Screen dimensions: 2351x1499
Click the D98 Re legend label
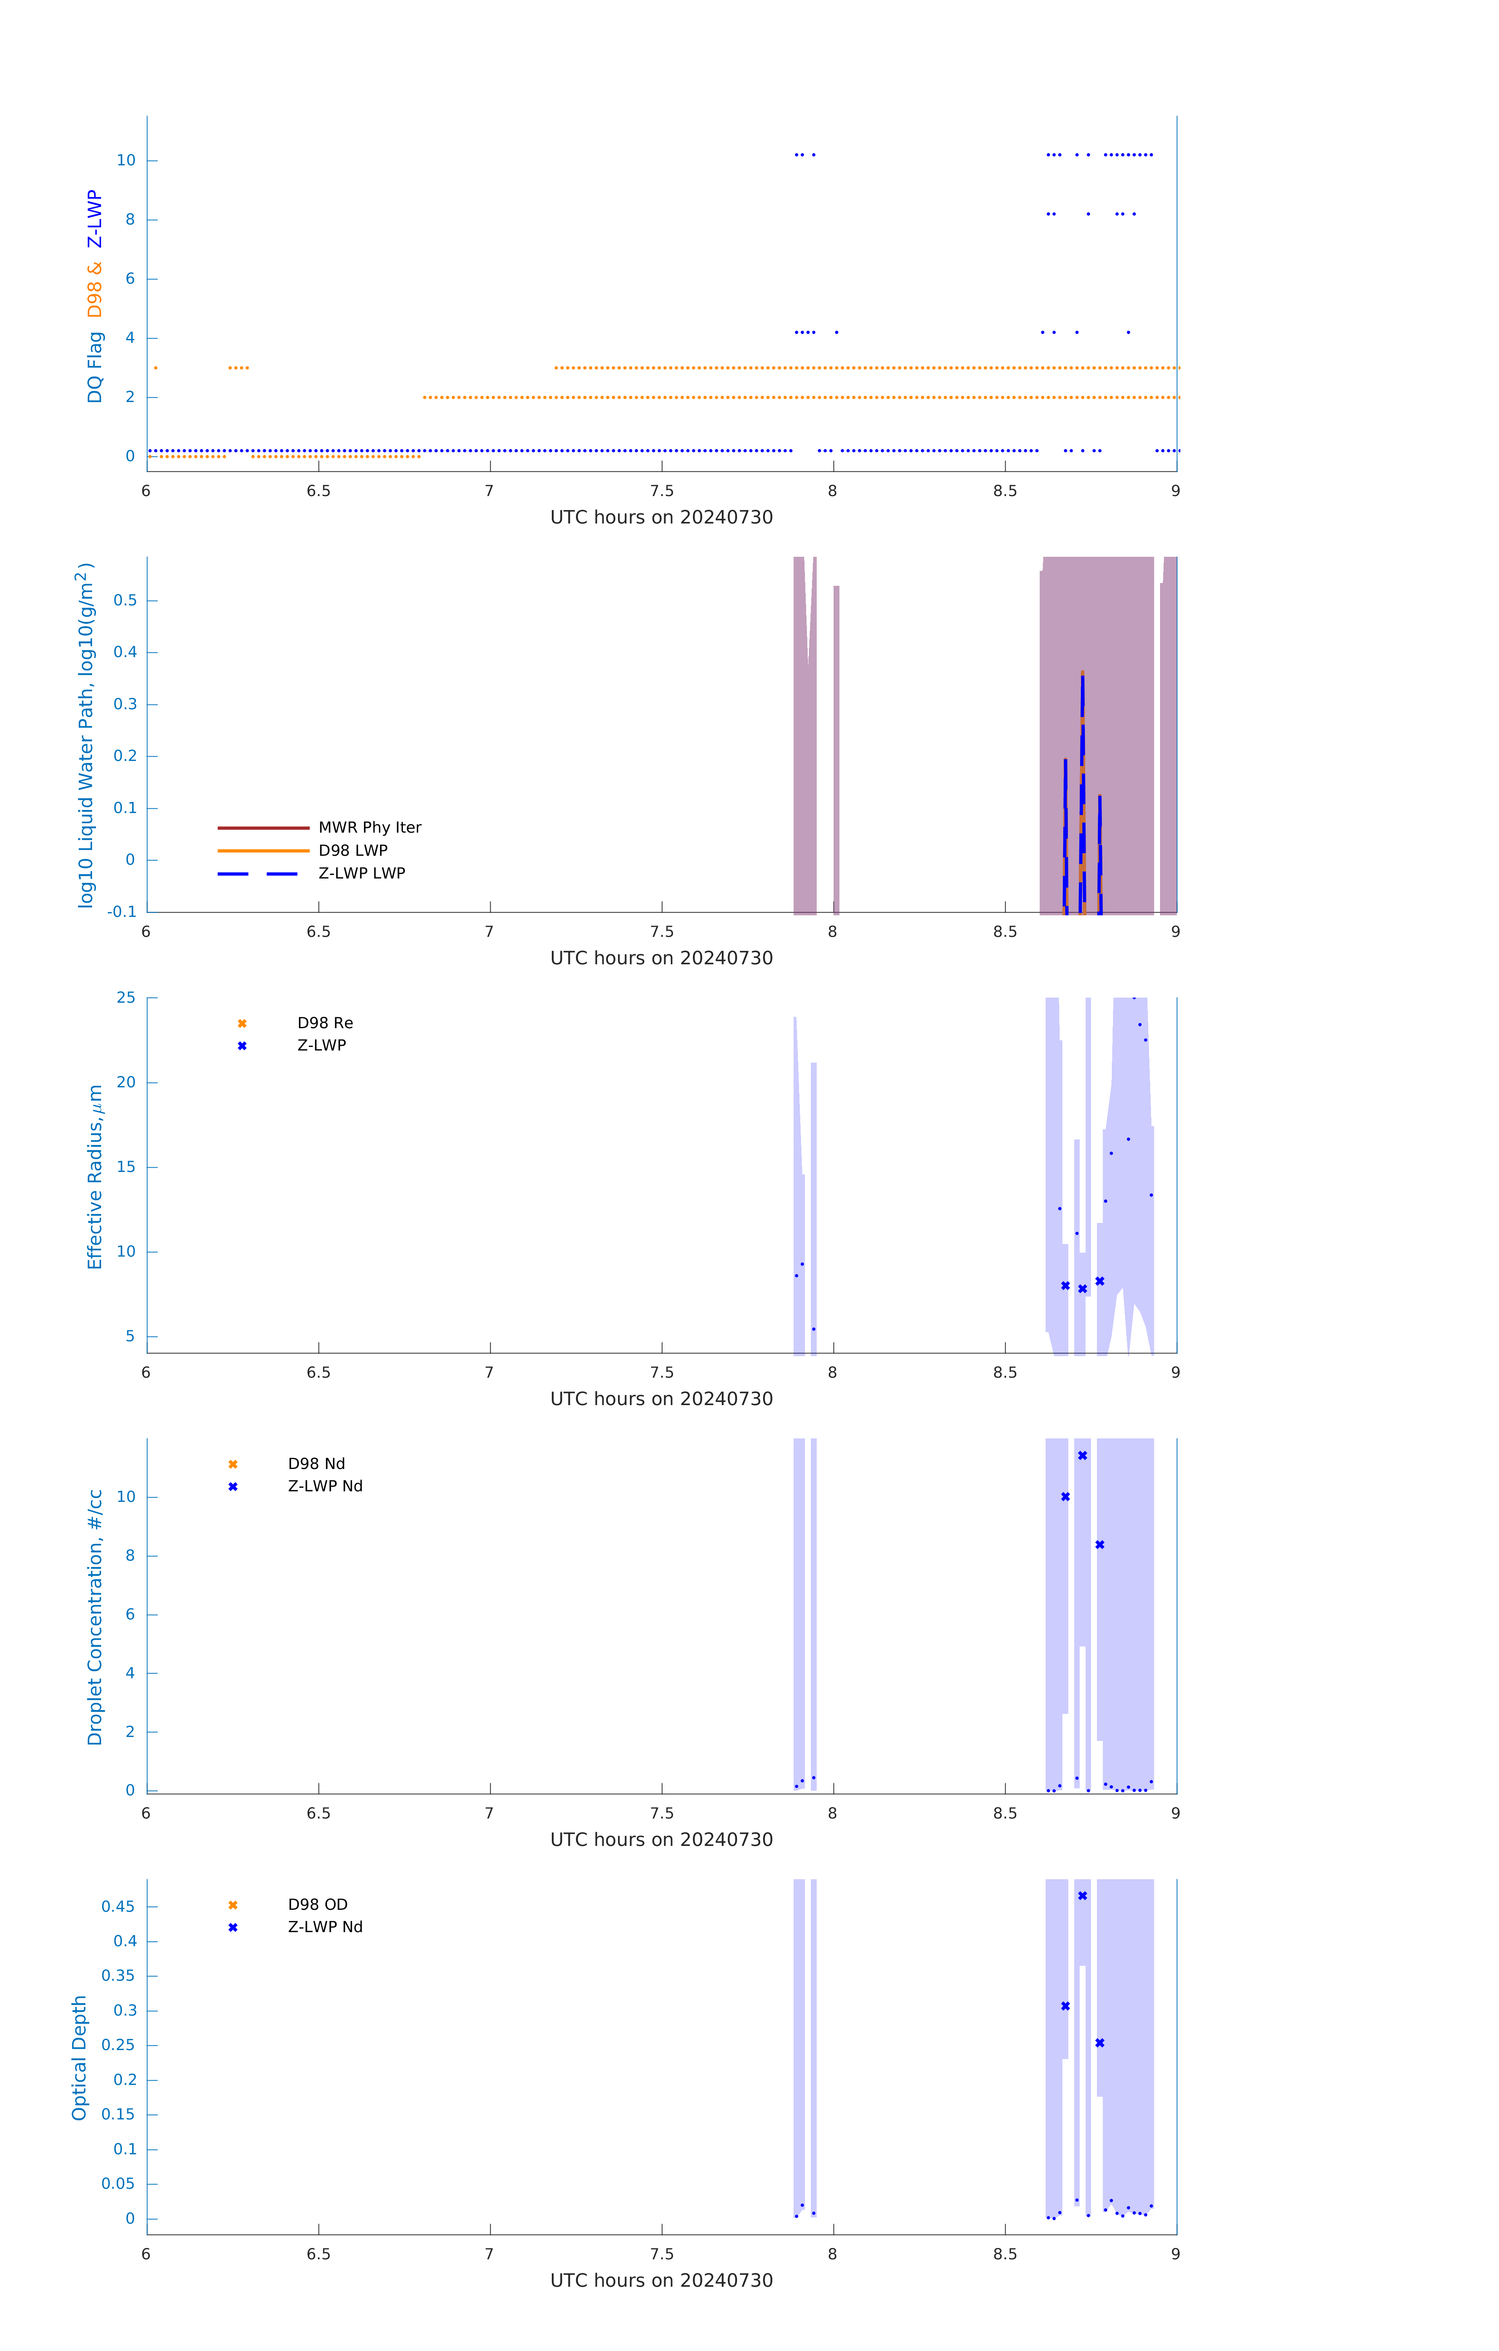[325, 1023]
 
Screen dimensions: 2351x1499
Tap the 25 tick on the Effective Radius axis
[126, 998]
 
